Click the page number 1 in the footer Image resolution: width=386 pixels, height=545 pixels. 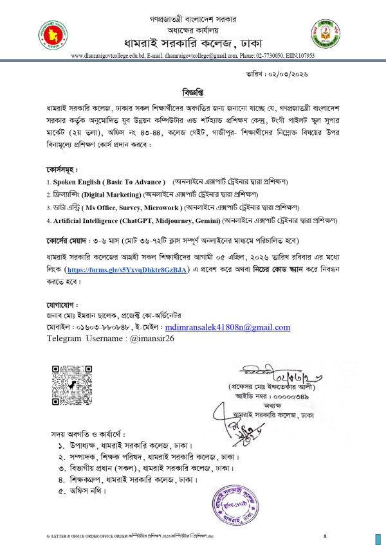click(x=325, y=535)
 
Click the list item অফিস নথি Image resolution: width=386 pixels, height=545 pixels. click(x=88, y=491)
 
